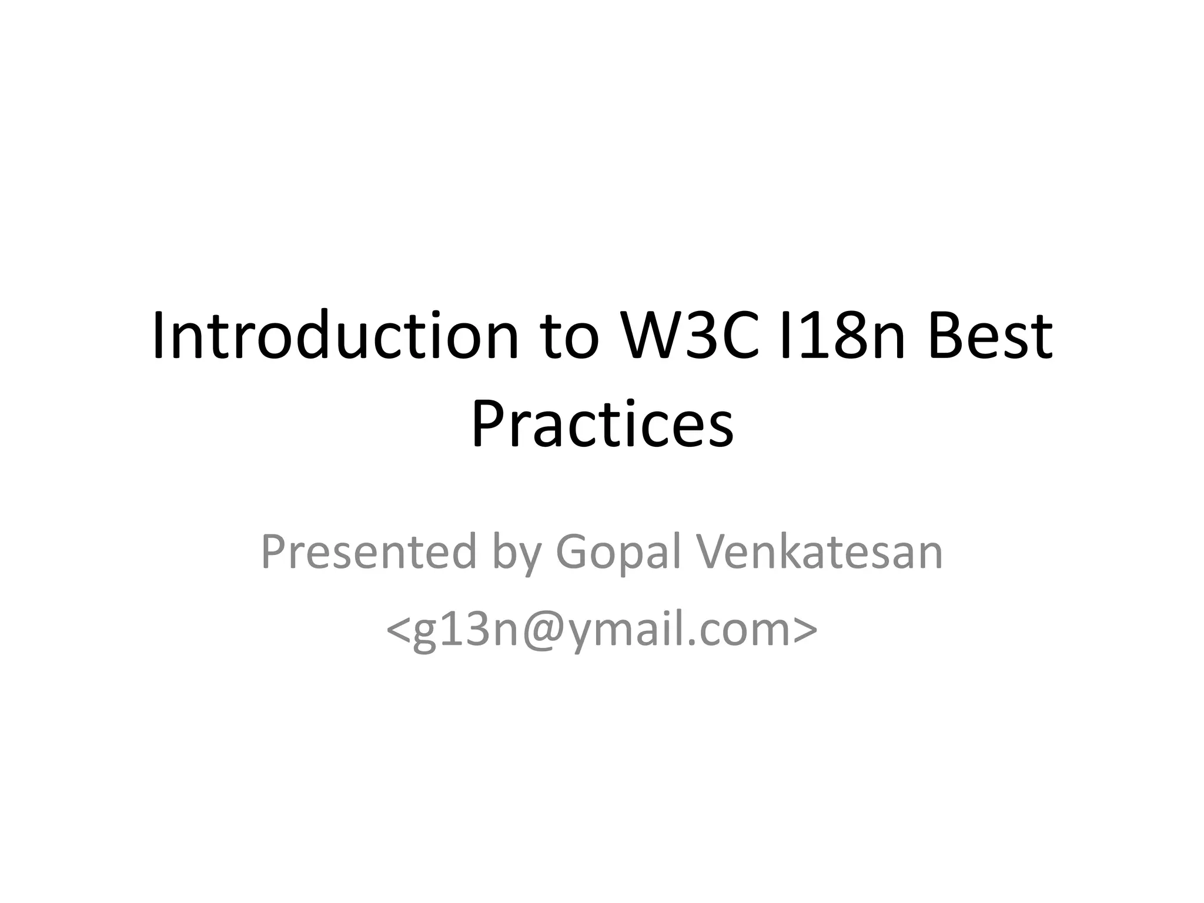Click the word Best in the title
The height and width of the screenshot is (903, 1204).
(991, 336)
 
